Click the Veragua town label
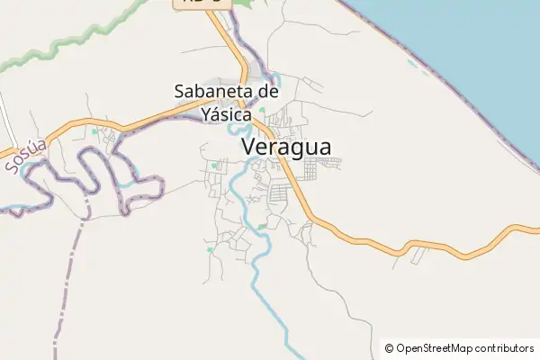tap(286, 147)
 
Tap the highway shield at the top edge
tap(202, 3)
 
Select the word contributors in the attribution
tap(506, 348)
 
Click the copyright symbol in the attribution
tap(389, 348)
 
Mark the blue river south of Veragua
tap(269, 297)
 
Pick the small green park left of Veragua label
tap(214, 166)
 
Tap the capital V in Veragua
tap(249, 147)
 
